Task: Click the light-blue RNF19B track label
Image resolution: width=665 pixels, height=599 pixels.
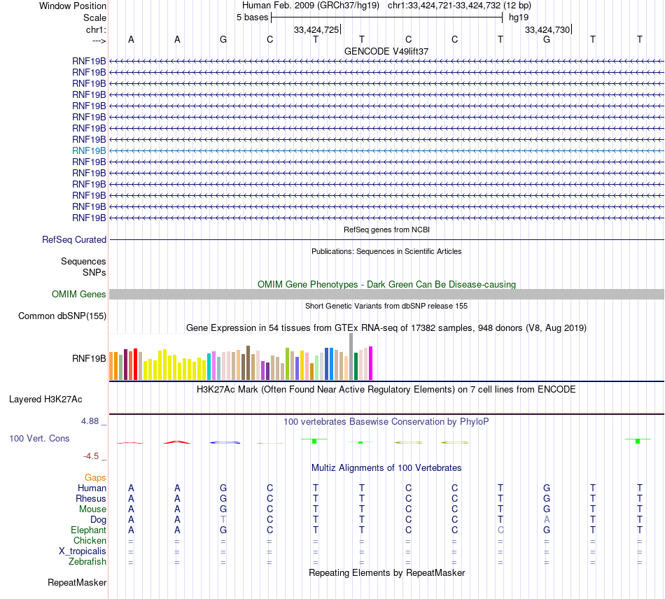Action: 89,150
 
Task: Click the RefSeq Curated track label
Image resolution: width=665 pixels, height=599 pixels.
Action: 74,239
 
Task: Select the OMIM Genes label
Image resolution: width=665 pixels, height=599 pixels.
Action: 79,295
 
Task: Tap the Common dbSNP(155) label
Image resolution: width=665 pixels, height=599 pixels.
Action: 62,316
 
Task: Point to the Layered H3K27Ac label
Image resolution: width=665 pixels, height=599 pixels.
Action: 45,400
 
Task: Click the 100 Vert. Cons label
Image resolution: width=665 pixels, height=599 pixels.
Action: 39,438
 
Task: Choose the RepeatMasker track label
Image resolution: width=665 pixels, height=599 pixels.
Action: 77,582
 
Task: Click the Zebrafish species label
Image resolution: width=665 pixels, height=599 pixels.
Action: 87,561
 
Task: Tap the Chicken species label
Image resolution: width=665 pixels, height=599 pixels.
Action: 90,541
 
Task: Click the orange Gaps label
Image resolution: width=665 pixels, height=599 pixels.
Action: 95,477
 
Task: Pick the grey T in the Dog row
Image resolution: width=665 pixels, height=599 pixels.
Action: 223,520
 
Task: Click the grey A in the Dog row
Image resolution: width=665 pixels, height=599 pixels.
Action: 547,520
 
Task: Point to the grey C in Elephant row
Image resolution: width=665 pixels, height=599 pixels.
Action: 500,530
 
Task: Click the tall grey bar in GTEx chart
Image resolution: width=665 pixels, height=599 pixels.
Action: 351,357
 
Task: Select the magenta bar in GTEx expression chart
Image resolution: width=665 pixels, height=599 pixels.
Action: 371,363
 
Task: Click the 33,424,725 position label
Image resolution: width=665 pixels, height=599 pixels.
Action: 316,29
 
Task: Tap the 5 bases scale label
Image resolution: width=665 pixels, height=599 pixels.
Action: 252,17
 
